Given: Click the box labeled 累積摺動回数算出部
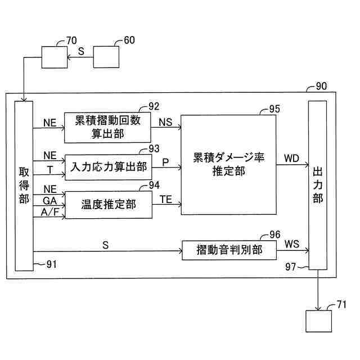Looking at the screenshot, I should [108, 127].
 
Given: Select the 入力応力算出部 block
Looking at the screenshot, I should [109, 167].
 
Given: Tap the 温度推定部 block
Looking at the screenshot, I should [109, 205].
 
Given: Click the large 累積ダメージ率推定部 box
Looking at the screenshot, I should [227, 164].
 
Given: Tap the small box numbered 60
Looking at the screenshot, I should [106, 58].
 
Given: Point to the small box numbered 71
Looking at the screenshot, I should [319, 322].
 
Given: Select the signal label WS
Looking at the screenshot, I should [292, 244].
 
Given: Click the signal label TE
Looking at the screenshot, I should [165, 199].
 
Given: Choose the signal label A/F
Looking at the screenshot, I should [49, 211].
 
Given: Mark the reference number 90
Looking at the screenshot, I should [321, 87].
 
